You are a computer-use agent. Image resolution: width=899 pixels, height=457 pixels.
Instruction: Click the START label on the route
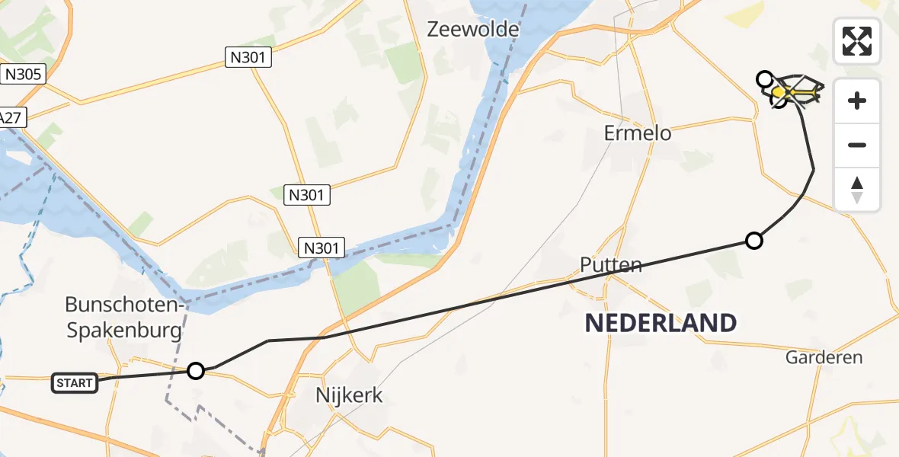75,382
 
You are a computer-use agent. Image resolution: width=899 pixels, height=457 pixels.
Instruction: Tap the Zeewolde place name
473,30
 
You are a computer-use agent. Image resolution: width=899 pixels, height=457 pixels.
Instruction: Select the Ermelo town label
638,133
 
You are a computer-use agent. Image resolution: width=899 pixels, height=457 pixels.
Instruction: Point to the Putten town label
611,265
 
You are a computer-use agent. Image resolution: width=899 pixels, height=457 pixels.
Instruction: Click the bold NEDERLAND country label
661,323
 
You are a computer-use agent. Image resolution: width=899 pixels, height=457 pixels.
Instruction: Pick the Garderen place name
824,357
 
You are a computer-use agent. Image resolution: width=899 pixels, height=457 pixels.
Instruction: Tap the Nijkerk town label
349,395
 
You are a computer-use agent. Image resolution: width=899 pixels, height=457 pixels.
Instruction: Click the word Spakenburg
124,330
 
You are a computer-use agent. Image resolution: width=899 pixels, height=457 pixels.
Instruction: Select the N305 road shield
24,74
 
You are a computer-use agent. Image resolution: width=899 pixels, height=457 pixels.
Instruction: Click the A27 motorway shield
10,117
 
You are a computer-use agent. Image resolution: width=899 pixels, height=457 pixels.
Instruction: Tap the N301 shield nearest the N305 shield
248,57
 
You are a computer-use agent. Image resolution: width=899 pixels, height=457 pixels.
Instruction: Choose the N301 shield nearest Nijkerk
323,248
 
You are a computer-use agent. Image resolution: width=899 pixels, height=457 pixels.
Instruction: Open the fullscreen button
857,41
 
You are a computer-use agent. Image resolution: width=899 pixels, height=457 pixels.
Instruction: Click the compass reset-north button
857,190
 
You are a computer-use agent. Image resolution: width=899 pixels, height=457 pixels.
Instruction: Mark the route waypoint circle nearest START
196,371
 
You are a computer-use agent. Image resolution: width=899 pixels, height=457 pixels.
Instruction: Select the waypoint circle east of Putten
753,241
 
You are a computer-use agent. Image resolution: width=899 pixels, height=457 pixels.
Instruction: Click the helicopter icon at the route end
796,92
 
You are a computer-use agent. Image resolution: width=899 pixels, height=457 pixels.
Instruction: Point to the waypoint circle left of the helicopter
764,78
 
